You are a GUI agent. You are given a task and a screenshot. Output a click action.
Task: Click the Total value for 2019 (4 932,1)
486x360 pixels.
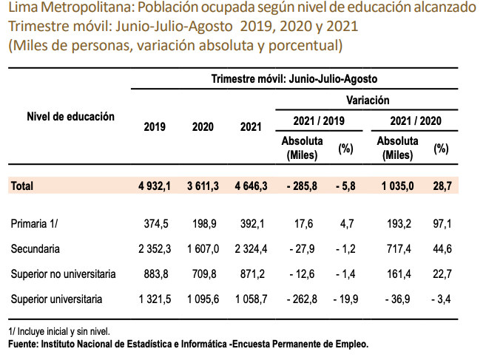154,187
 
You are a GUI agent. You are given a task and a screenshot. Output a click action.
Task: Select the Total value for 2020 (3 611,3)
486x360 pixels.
201,187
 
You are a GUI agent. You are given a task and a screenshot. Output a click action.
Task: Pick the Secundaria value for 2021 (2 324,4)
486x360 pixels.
248,248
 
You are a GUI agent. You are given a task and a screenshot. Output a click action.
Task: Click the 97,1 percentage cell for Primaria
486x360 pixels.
441,222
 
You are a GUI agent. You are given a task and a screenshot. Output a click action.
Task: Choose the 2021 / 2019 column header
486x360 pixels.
316,120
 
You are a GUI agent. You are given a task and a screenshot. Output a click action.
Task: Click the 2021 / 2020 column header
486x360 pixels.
414,120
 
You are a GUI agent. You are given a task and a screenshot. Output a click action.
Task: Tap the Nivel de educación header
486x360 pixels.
70,117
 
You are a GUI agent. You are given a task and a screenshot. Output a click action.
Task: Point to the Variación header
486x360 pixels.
367,100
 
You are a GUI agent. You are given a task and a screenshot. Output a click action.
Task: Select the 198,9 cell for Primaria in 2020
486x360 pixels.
204,222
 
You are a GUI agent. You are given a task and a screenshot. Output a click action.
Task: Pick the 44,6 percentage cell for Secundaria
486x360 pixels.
441,248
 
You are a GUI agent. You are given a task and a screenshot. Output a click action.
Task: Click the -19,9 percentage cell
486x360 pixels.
345,299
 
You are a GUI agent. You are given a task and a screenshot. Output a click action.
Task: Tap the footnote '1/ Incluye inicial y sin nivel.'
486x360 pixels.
58,332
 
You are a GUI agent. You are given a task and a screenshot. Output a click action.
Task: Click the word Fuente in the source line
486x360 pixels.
24,344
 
